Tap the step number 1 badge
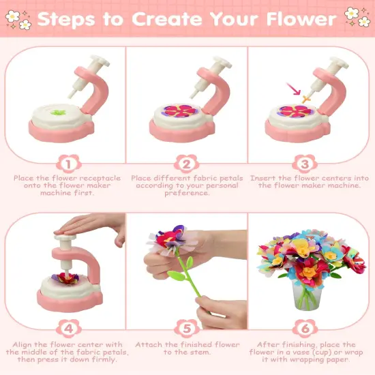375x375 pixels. [67, 164]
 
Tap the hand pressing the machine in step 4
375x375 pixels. [89, 229]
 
